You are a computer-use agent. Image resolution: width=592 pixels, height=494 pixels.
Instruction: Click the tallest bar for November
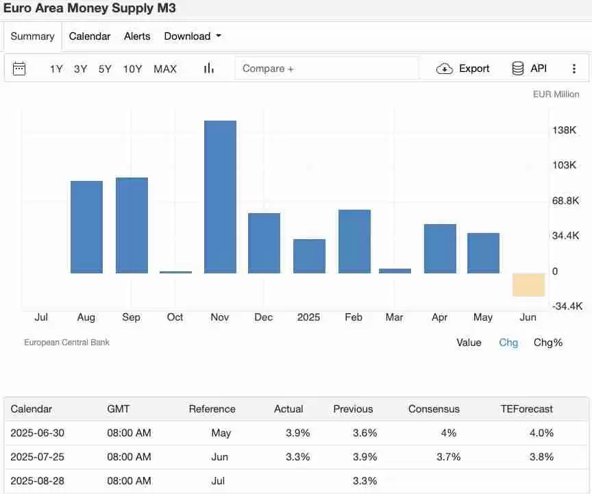[220, 197]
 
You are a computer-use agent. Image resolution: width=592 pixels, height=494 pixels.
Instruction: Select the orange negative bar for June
[528, 284]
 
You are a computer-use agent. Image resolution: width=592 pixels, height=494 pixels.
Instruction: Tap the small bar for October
[175, 272]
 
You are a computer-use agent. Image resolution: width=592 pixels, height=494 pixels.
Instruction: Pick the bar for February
[354, 241]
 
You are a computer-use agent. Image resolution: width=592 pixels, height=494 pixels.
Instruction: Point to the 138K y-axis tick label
[564, 130]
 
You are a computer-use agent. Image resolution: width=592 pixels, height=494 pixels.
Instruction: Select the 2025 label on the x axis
[308, 317]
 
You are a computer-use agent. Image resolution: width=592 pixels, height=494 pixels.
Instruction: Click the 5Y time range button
[105, 69]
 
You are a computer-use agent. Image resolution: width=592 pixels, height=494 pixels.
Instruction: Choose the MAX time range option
[165, 69]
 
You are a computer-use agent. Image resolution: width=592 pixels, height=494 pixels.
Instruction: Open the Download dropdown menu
[193, 36]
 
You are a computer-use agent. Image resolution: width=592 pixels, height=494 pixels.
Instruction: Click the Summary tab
[32, 36]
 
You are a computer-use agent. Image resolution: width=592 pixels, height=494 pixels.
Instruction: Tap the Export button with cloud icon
[464, 69]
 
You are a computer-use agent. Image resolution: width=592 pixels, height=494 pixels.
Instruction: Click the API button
[529, 69]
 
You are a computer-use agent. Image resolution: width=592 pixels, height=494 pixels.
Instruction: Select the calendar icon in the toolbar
[19, 69]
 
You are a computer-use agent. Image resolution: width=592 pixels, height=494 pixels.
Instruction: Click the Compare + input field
[326, 69]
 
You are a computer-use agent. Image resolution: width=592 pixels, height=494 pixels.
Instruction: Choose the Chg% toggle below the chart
[547, 343]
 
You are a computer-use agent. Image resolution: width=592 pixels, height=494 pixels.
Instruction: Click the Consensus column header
[434, 409]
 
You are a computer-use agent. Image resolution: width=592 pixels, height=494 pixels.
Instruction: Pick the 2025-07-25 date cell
[38, 457]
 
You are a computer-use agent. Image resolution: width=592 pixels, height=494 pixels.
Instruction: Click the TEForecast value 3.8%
[541, 457]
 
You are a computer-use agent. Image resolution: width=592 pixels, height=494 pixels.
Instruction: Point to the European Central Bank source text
[66, 343]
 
